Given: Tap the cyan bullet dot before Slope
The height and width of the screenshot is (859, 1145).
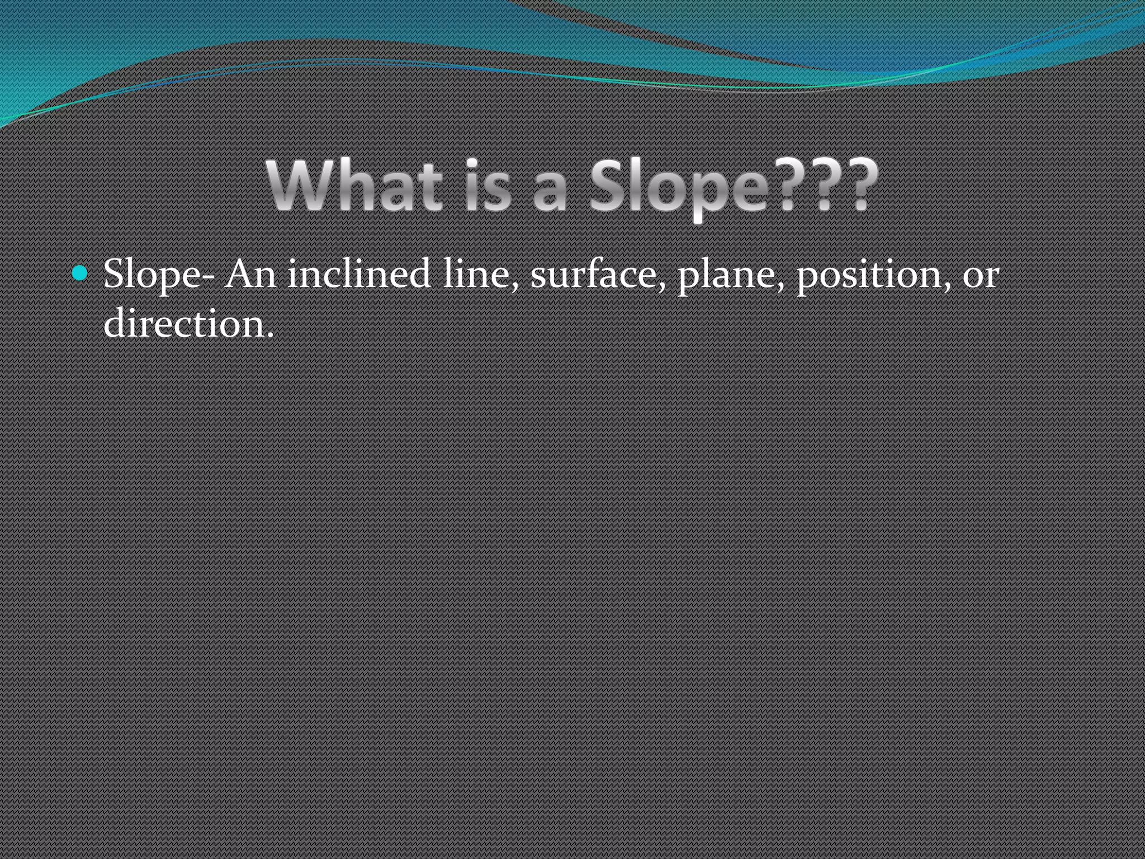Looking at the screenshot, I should [81, 273].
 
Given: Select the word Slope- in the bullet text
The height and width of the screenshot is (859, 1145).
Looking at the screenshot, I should [159, 275].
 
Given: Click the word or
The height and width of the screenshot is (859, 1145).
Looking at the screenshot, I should [980, 277].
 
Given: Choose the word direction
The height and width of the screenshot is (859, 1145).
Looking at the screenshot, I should [182, 323].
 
